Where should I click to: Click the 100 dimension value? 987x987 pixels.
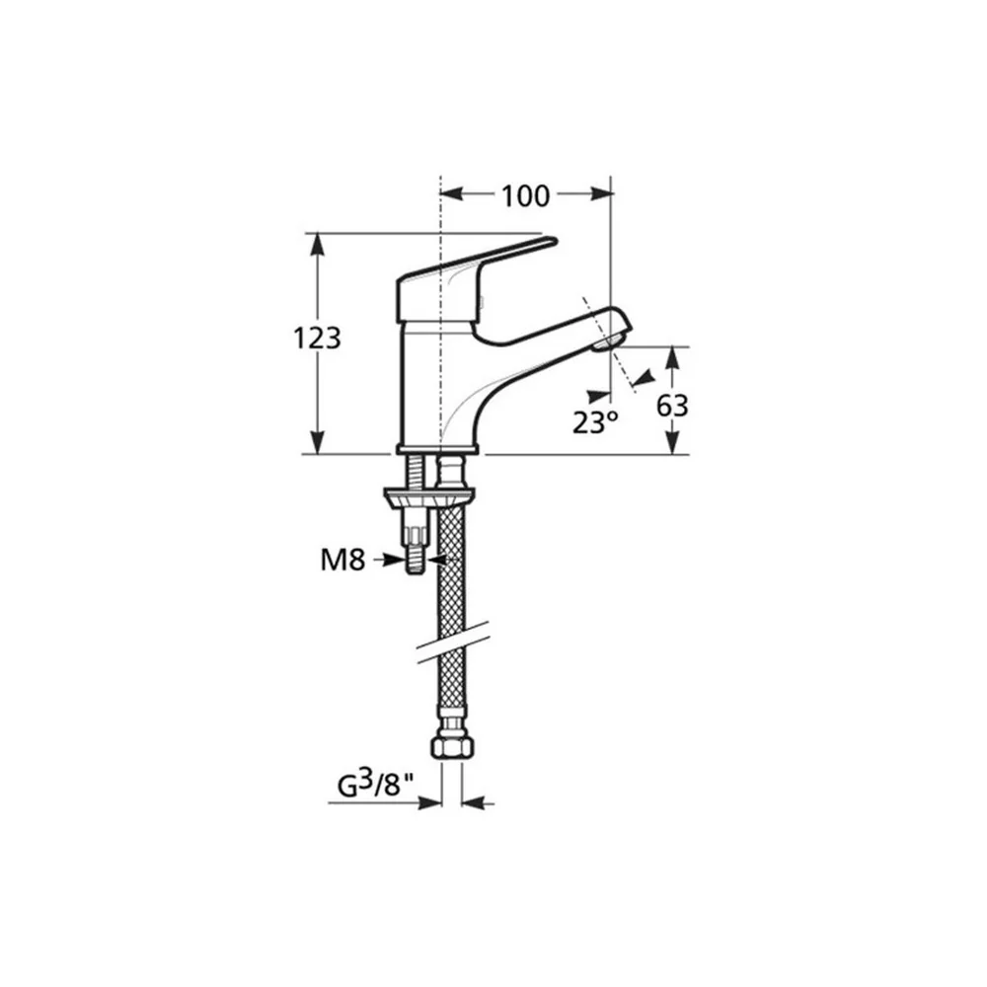tap(525, 195)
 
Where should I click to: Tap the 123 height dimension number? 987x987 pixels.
tap(317, 339)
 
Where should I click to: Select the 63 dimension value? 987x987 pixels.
tap(672, 407)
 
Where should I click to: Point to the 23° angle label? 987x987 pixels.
tap(595, 422)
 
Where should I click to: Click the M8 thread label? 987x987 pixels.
tap(342, 560)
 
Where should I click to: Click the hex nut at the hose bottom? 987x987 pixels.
tap(451, 747)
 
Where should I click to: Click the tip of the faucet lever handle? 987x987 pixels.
tap(553, 241)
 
